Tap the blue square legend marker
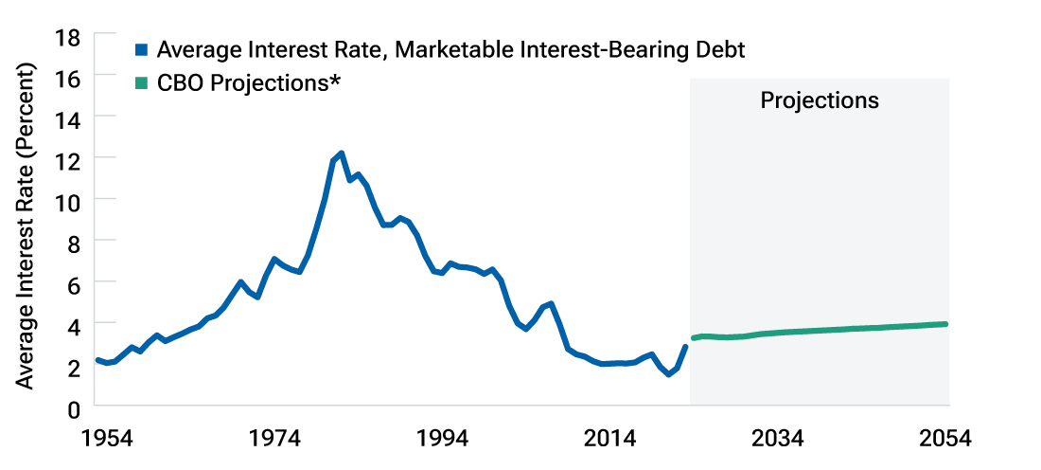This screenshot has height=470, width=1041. [142, 49]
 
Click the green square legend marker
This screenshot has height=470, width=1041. [142, 83]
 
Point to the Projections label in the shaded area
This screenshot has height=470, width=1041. [820, 100]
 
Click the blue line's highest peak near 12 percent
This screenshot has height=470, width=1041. [341, 153]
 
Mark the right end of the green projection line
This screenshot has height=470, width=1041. [945, 324]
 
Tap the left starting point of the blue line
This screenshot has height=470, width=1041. [97, 360]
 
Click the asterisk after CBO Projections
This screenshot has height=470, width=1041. [334, 81]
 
